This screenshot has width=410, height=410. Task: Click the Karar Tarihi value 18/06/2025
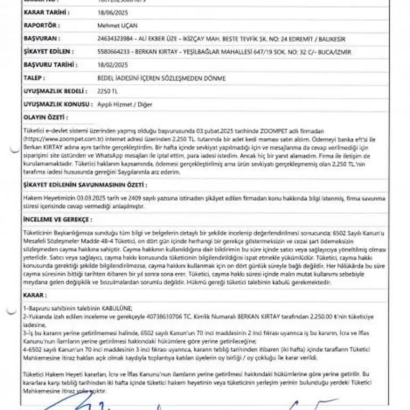(109, 12)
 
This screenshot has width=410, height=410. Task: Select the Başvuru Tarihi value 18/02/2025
(109, 65)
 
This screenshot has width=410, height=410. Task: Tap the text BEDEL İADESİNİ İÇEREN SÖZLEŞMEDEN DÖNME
(161, 78)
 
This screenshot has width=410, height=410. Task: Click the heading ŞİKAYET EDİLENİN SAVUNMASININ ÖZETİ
(84, 184)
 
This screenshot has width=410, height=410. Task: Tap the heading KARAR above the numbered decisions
(33, 295)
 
